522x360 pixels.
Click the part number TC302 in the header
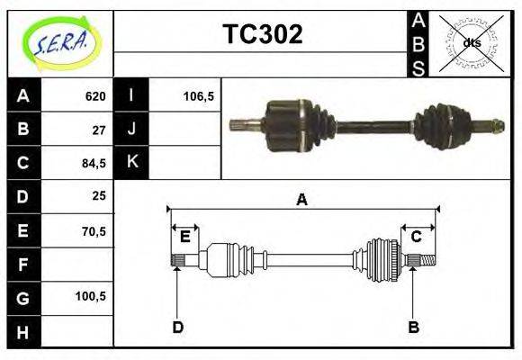[262, 35]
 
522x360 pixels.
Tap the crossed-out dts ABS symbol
[472, 42]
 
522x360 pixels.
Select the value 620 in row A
[95, 96]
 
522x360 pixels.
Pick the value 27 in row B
[99, 130]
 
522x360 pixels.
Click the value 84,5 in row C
[94, 163]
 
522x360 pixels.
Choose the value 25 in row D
[99, 196]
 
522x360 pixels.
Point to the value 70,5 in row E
[94, 230]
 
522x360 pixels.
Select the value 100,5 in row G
[92, 296]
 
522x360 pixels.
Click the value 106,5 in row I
[198, 96]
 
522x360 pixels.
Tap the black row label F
[22, 264]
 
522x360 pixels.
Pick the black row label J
[131, 130]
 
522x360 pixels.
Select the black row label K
[131, 163]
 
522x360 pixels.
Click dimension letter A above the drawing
[302, 200]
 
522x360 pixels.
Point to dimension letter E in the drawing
[184, 237]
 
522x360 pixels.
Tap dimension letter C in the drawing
[417, 237]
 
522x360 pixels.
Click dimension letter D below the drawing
[177, 327]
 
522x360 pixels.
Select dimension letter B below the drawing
[413, 327]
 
